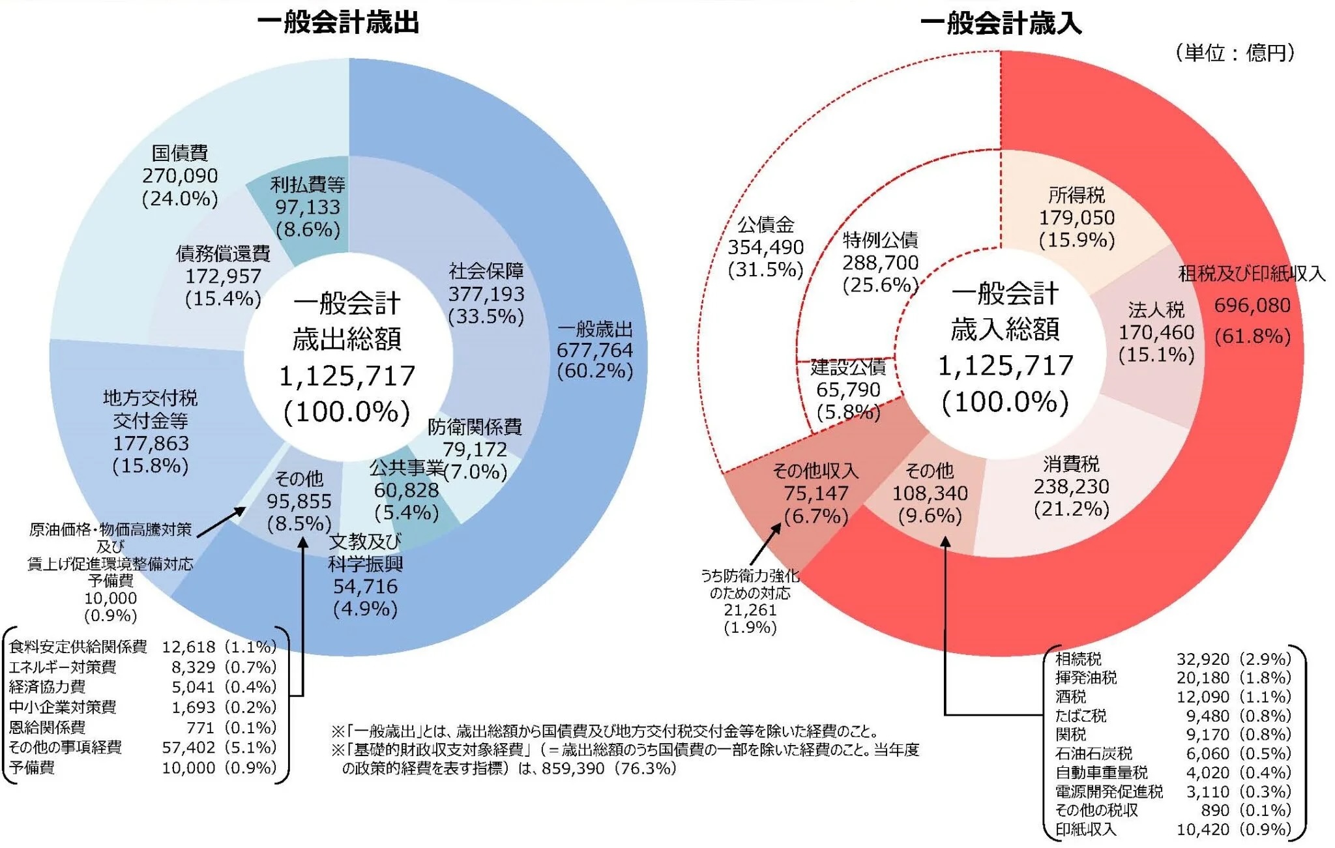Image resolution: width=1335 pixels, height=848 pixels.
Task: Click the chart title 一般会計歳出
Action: point(338,23)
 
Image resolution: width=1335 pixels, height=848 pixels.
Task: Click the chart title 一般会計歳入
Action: point(1000,25)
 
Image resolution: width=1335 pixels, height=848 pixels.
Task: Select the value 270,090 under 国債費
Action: point(180,176)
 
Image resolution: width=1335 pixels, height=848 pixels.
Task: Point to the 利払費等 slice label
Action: point(308,185)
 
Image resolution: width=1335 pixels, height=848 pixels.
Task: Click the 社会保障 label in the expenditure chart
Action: point(486,271)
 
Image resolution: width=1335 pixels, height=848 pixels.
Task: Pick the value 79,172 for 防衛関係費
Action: point(475,450)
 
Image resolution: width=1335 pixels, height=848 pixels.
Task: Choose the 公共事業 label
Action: point(406,468)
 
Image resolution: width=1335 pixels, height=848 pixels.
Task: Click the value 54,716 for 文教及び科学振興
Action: point(365,587)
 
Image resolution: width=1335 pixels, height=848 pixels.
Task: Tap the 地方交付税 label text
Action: point(150,398)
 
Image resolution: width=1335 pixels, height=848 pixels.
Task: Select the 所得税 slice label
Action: point(1076,195)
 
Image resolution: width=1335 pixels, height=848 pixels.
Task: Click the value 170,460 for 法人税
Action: point(1156,332)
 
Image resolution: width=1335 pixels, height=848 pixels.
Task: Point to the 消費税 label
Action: point(1071,464)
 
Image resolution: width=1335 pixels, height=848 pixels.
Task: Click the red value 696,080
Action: point(1252,305)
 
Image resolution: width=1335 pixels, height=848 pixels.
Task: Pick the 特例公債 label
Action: point(880,241)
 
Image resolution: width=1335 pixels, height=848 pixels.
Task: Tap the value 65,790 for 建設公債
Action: point(848,390)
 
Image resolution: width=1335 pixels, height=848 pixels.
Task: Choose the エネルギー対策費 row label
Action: point(63,667)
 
